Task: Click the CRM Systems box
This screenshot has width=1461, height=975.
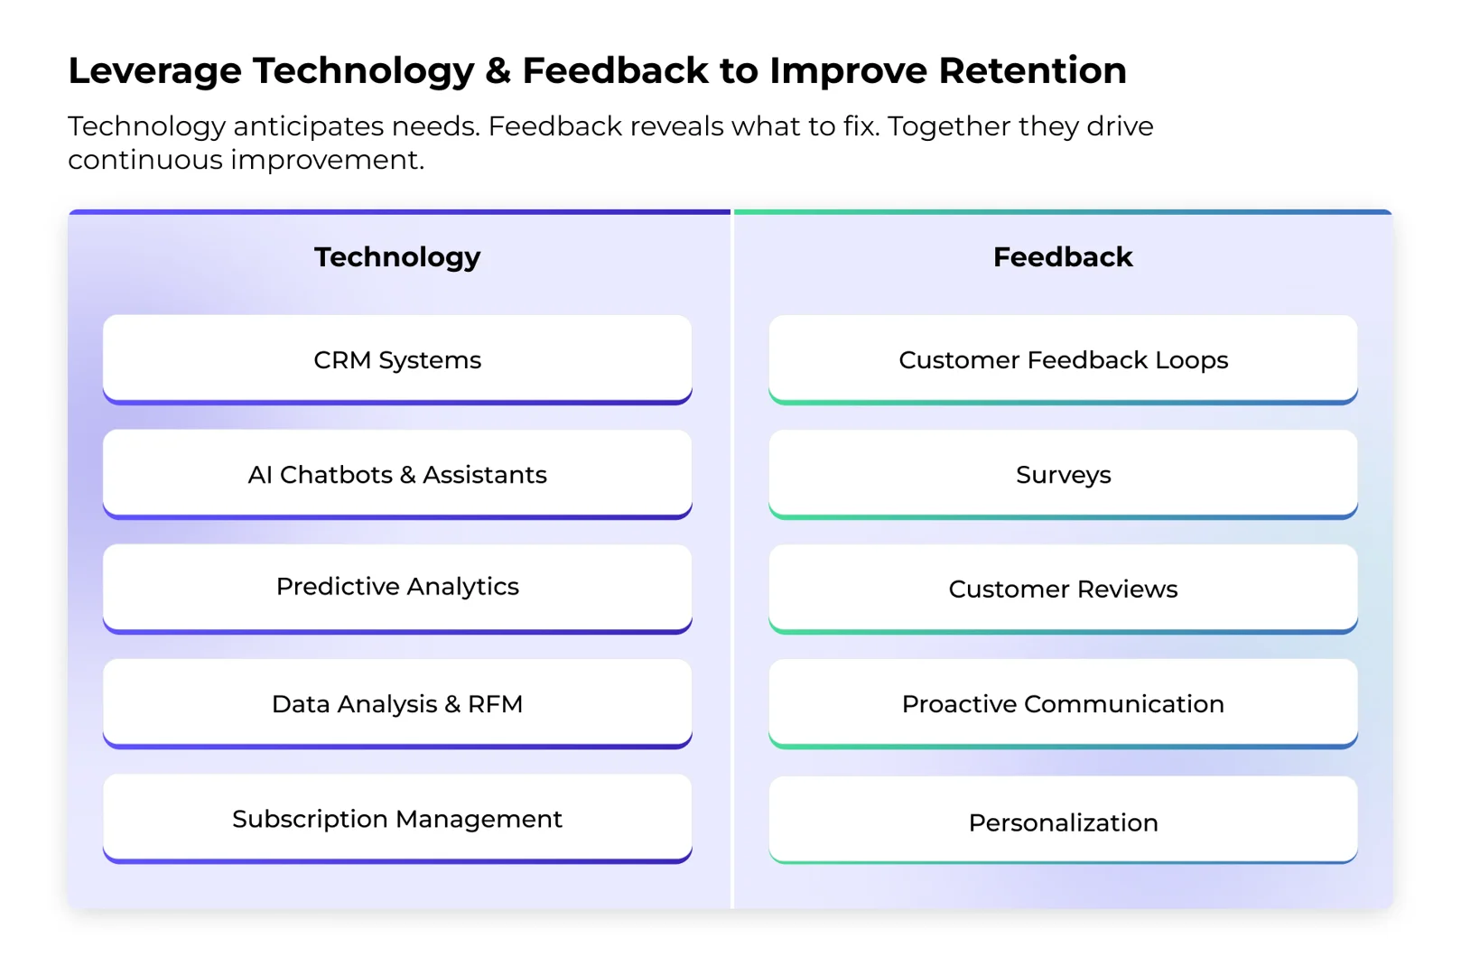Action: click(x=397, y=359)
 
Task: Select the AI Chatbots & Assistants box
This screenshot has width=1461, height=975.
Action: click(x=397, y=474)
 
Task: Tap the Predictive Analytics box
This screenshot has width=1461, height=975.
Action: click(x=397, y=587)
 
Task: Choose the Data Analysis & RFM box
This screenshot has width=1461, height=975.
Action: click(x=397, y=703)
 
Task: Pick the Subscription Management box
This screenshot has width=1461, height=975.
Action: click(x=397, y=818)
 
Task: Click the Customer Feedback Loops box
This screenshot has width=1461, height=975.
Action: click(x=1063, y=359)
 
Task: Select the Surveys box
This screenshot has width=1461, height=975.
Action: click(x=1063, y=474)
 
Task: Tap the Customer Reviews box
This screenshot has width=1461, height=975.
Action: click(x=1063, y=589)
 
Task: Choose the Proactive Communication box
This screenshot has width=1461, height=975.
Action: click(x=1063, y=703)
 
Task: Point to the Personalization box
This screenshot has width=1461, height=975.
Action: click(x=1063, y=822)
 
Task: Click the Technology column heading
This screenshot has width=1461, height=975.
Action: click(x=397, y=257)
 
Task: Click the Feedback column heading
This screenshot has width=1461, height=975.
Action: click(x=1063, y=257)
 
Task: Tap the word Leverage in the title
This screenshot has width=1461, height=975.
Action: click(x=154, y=70)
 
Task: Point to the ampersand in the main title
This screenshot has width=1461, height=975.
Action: click(x=498, y=70)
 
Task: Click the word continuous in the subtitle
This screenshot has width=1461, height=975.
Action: click(x=144, y=160)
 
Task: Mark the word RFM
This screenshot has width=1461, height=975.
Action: click(x=495, y=703)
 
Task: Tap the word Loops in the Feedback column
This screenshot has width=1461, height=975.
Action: click(x=1191, y=360)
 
